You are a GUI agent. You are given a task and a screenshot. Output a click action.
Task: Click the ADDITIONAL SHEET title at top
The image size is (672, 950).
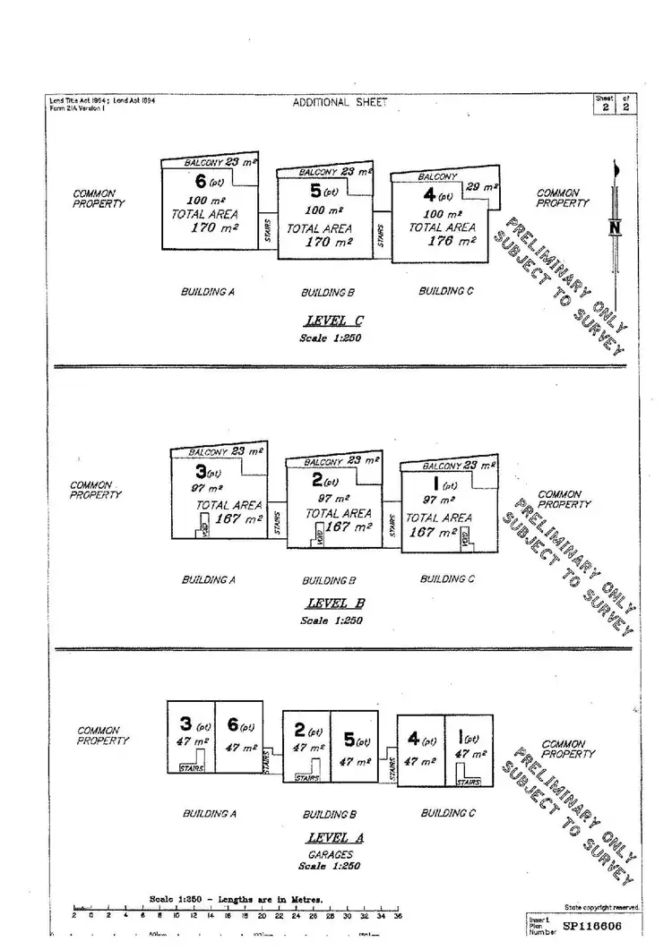click(x=340, y=102)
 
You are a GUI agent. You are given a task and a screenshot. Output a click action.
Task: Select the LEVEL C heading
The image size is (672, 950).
click(x=335, y=321)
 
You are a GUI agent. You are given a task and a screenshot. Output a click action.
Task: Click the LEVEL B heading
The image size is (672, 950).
click(x=335, y=603)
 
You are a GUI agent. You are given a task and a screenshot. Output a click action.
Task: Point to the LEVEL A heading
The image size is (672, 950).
click(x=335, y=838)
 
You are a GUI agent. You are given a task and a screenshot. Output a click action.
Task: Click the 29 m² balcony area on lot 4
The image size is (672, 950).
click(x=483, y=187)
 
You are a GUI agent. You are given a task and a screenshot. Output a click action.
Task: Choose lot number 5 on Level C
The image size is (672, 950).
click(x=315, y=191)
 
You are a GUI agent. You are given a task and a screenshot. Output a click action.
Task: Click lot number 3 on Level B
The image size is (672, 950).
click(x=200, y=471)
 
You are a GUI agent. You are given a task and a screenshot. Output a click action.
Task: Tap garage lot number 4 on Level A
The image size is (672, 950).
click(x=413, y=740)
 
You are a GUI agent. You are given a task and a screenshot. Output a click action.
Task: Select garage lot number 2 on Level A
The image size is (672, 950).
click(x=300, y=731)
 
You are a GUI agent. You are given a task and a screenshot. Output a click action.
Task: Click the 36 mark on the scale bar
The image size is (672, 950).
click(x=398, y=916)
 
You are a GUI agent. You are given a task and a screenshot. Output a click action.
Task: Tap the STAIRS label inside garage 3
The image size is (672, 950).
click(x=192, y=767)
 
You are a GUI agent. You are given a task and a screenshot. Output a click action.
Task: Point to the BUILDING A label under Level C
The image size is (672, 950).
click(x=207, y=292)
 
